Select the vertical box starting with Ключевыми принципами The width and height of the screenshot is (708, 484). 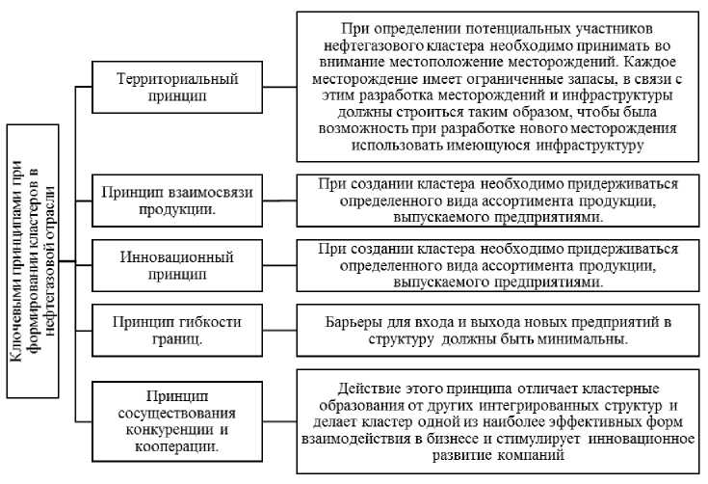point(39,260)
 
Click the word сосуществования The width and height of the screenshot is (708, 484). point(176,412)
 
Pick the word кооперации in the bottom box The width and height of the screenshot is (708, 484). point(176,446)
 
